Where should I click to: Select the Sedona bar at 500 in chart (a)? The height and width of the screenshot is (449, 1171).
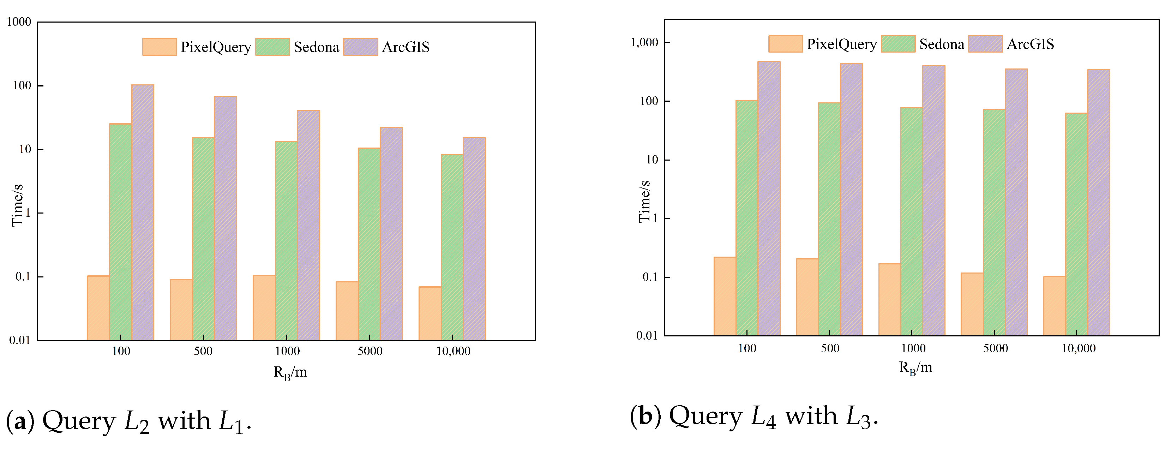coord(203,239)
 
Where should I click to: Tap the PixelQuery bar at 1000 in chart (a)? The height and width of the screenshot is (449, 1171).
coord(264,308)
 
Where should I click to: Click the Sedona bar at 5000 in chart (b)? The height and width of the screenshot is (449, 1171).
coord(994,222)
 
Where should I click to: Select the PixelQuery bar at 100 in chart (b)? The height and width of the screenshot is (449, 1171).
coord(725,296)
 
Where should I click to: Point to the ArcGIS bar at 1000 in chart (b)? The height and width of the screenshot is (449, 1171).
coord(934,200)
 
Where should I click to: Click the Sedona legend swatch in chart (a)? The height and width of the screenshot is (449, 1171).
coord(272,47)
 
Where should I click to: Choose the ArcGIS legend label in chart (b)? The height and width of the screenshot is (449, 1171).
coord(1030,44)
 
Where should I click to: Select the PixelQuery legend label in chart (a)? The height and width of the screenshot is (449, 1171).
coord(216,47)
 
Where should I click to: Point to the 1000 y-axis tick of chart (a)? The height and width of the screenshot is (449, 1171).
coord(19,22)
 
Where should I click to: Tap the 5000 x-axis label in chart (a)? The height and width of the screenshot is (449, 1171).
coord(370,351)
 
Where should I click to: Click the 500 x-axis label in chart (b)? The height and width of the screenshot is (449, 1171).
coord(830,348)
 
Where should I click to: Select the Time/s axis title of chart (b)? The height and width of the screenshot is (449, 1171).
coord(644,201)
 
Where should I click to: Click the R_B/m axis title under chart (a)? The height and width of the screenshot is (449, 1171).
coord(290,373)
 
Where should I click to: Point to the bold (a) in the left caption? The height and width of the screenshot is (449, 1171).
coord(20,420)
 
